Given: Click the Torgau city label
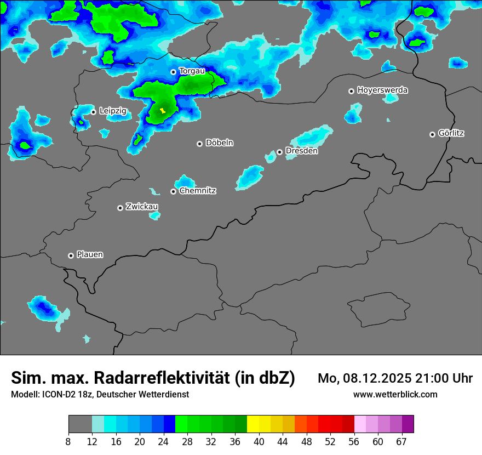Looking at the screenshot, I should click(x=192, y=71).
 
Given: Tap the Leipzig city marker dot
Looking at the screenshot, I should click(x=94, y=112).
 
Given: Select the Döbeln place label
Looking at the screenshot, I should click(x=219, y=143).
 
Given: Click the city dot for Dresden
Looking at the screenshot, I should click(x=280, y=152).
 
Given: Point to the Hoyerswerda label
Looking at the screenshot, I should click(x=382, y=90).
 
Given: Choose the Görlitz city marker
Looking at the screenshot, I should click(x=433, y=134).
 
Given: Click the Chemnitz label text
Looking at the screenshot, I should click(x=197, y=191).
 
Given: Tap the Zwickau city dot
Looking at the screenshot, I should click(x=120, y=208).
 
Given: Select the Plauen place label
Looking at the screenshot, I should click(x=90, y=255).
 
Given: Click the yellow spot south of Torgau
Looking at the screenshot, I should click(x=162, y=111).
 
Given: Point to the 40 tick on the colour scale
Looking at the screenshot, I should click(x=259, y=442).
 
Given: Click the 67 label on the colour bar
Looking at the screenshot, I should click(x=401, y=442).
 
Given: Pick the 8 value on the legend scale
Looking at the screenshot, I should click(x=68, y=442).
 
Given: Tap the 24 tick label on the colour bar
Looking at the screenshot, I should click(x=163, y=442).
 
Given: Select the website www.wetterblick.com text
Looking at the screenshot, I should click(x=395, y=395).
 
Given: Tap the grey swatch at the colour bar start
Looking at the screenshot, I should click(x=80, y=424).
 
